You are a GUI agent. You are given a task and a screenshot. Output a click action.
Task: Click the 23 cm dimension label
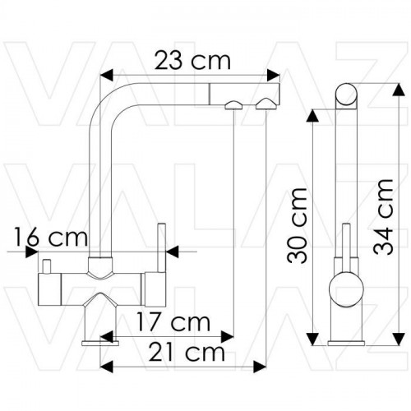point(192,61)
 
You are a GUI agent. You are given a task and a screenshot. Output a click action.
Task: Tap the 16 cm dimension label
point(51,238)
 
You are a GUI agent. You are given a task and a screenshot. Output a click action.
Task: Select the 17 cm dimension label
point(173,322)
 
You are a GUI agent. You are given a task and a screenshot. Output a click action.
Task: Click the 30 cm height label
point(297,225)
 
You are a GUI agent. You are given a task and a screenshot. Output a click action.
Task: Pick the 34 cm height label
point(383,217)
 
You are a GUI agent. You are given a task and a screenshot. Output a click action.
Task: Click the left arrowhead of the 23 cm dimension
point(107,75)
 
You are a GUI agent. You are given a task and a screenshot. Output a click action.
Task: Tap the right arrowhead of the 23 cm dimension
point(273,75)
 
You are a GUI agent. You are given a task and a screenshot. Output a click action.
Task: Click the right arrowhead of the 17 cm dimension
point(227,336)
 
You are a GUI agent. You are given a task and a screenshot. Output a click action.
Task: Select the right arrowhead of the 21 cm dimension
point(260,367)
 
